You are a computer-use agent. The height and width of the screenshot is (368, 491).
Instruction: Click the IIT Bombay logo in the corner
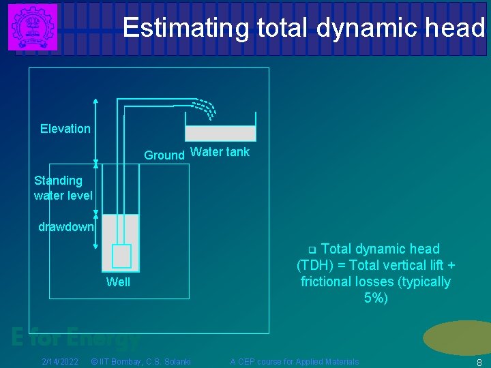(x=32, y=27)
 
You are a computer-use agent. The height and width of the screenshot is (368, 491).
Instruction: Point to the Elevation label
(x=65, y=129)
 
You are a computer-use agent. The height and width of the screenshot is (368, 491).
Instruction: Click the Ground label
(x=164, y=155)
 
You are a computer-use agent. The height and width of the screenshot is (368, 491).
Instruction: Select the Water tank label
(x=220, y=152)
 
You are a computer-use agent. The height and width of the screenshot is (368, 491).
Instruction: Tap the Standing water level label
(x=63, y=188)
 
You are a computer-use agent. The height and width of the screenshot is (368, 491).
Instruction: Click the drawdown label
(x=65, y=227)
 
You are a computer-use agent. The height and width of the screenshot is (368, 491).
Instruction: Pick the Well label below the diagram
(x=118, y=282)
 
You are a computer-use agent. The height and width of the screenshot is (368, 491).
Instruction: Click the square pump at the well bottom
(x=121, y=256)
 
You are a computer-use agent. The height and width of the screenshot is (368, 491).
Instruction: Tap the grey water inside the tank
(x=220, y=133)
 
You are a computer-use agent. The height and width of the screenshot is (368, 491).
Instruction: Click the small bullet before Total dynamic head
(x=312, y=249)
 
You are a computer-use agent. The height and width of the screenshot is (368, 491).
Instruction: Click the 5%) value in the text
(x=376, y=298)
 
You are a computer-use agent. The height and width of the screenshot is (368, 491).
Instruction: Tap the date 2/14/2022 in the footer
(x=59, y=361)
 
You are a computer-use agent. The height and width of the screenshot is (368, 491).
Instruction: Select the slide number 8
(x=479, y=362)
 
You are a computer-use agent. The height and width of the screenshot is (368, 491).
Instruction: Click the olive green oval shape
(x=458, y=337)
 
